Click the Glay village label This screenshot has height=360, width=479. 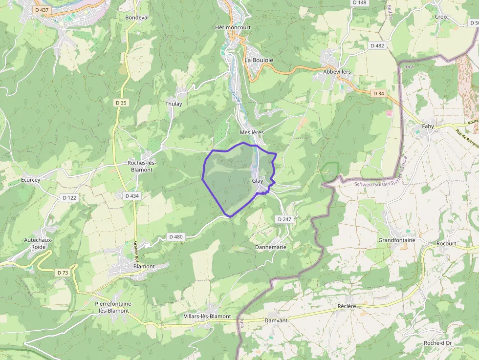pos(258,181)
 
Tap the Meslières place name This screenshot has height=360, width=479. pos(252,132)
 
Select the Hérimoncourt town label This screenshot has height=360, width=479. pos(233,27)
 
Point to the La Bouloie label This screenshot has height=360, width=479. pos(259,60)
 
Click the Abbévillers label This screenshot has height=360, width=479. pos(337,71)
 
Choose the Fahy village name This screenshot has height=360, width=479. pos(428,126)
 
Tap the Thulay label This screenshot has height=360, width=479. pos(174,104)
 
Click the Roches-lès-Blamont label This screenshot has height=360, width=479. pos(141,166)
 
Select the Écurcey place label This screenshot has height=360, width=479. pos(31,180)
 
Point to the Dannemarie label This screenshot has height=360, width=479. pos(270,247)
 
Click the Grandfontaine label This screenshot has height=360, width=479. pos(396,240)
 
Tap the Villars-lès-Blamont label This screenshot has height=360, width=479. pos(207,316)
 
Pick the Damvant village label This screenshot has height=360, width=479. pos(276,320)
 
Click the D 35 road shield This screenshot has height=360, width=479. pos(121,103)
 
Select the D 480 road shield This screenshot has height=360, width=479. pos(175,237)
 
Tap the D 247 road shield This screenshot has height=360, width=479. pos(284,219)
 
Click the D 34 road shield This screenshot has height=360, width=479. pos(379,93)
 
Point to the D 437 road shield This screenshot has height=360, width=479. pos(42,10)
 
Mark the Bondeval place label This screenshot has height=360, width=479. pos(137,17)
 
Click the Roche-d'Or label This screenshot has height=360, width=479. pos(438,343)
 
